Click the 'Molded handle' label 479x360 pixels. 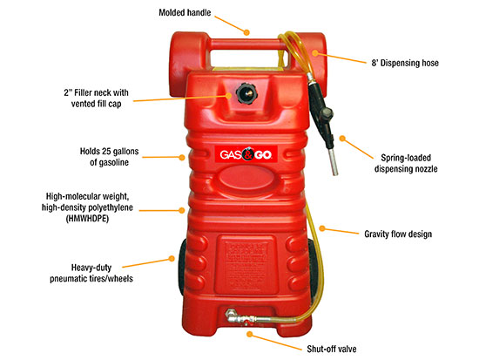click(185, 12)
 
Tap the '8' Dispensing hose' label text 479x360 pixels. click(405, 63)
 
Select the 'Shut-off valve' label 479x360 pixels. click(332, 349)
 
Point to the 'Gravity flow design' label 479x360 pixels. click(398, 234)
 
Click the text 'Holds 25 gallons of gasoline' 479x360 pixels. click(109, 157)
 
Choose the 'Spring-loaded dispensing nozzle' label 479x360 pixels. click(406, 163)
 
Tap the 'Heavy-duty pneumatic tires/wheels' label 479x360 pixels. click(91, 273)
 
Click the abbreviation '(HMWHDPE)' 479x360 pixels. click(87, 219)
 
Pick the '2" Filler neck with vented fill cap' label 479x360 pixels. click(96, 98)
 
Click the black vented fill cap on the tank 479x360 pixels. click(246, 93)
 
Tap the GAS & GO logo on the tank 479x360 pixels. click(246, 154)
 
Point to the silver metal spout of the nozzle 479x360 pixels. click(333, 160)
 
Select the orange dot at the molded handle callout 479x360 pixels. click(246, 32)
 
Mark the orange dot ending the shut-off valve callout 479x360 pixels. click(250, 334)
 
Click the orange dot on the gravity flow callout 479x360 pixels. click(322, 228)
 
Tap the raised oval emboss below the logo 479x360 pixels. click(246, 179)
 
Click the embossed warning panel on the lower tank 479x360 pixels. click(246, 265)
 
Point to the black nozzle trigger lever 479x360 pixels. click(327, 116)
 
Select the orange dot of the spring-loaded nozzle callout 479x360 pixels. click(342, 139)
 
